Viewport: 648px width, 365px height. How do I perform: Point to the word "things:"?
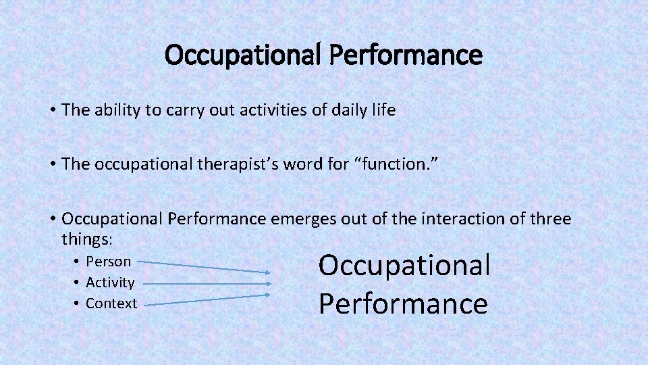[88, 239]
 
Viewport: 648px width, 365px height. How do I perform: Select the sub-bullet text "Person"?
[109, 262]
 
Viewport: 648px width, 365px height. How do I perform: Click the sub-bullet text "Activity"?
[110, 283]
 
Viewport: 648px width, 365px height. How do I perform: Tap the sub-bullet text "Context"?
[111, 303]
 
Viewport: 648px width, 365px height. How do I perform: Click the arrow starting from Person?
[206, 266]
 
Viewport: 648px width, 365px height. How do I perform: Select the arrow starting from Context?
[206, 299]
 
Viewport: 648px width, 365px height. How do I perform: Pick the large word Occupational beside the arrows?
[404, 265]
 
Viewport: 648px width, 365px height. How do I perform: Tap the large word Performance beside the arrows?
[403, 303]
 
